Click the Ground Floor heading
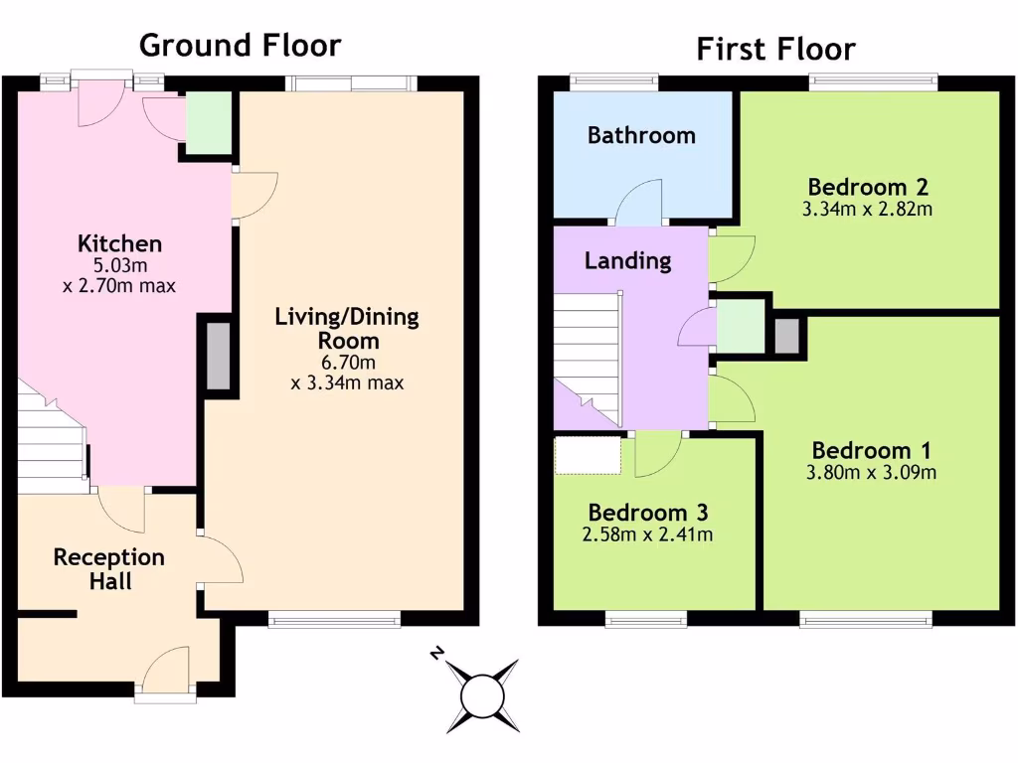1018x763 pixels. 240,46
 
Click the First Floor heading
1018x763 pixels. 775,49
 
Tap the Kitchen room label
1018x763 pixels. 119,243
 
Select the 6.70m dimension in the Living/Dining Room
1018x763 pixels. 347,362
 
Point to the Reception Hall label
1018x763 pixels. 109,569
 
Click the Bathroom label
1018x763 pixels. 641,135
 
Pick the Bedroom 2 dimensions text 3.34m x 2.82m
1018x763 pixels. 867,210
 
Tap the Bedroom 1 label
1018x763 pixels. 871,450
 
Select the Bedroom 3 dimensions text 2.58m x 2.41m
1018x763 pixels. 647,534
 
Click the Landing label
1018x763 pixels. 627,261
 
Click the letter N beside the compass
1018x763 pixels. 435,654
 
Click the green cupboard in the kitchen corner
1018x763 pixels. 209,123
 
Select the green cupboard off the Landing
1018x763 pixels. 740,326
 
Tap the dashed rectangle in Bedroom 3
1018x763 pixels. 588,455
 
